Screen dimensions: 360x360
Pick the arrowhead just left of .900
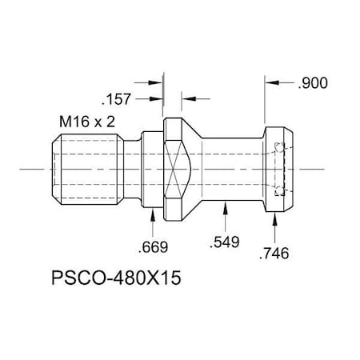pos(271,82)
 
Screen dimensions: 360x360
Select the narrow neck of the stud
pos(232,169)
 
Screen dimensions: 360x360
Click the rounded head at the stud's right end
pos(282,169)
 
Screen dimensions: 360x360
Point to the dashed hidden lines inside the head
pos(278,169)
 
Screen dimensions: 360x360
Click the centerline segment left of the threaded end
pos(32,169)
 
